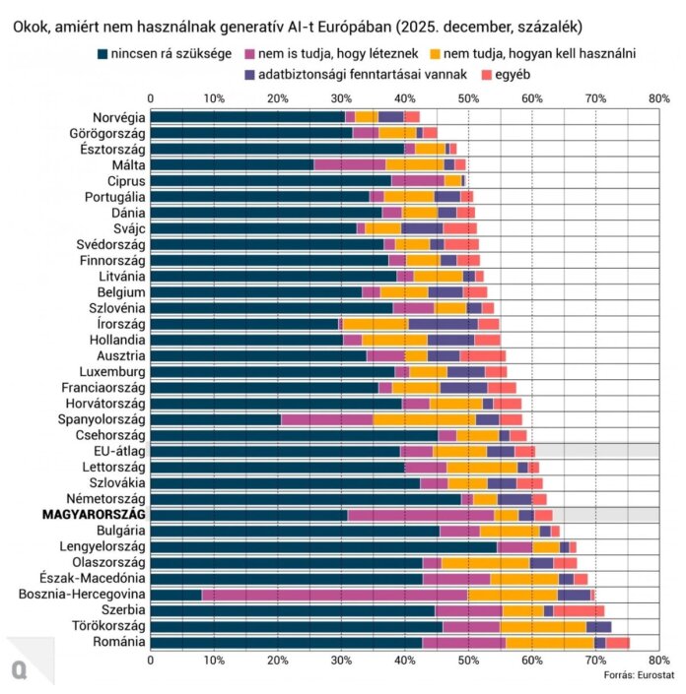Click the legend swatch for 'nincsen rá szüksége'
(104, 52)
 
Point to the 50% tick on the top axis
(468, 98)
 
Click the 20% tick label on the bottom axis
(277, 660)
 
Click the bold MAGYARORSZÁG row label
(94, 514)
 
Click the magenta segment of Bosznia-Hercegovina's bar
(334, 594)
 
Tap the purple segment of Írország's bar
(444, 324)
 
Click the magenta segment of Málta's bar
(349, 164)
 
